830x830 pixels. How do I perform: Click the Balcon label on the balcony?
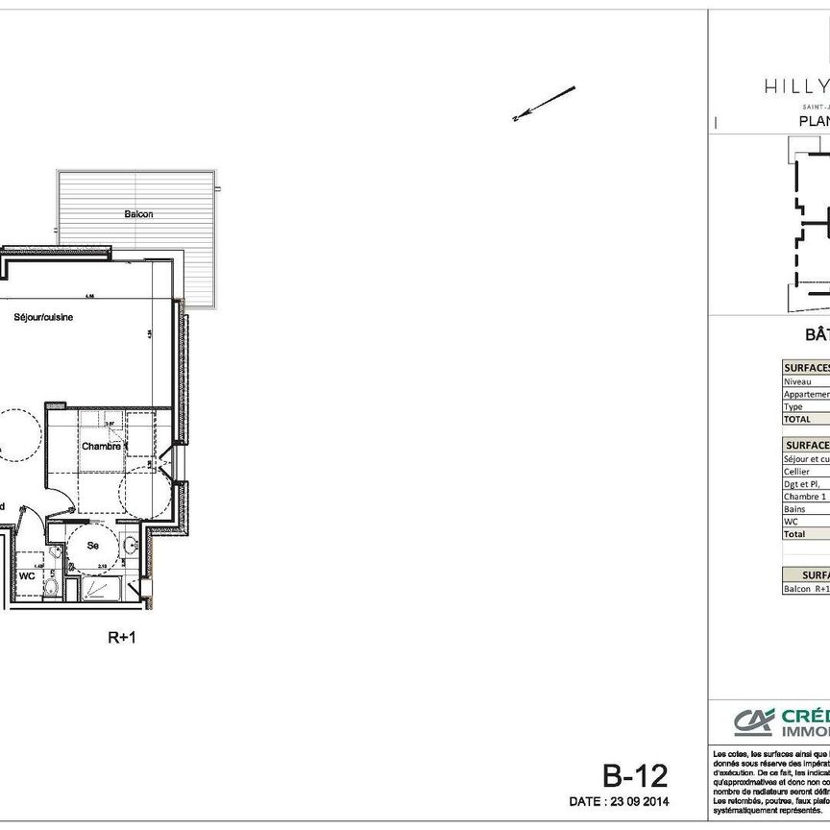pos(138,214)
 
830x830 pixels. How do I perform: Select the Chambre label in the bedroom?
pos(101,446)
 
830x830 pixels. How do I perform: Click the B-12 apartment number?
pos(634,775)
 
